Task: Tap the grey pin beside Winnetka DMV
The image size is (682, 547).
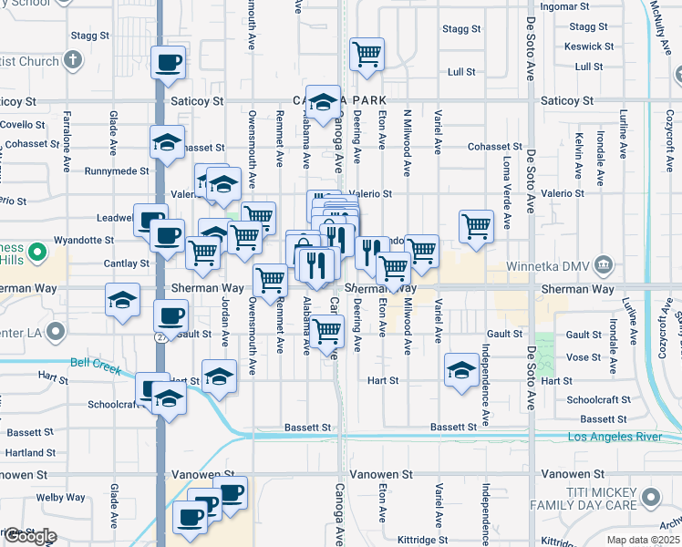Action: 603,266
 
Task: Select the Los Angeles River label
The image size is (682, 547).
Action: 615,438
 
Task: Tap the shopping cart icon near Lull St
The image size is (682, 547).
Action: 367,53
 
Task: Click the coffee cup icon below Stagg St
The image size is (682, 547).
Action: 170,62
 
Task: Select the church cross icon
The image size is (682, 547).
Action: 73,62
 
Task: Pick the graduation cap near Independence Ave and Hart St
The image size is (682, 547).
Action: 462,370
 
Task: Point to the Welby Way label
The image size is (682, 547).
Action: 61,498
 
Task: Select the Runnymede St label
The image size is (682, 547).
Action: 117,170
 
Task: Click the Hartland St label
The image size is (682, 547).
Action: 31,452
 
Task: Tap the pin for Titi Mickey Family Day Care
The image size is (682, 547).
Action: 651,497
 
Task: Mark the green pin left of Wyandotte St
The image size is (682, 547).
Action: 36,251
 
